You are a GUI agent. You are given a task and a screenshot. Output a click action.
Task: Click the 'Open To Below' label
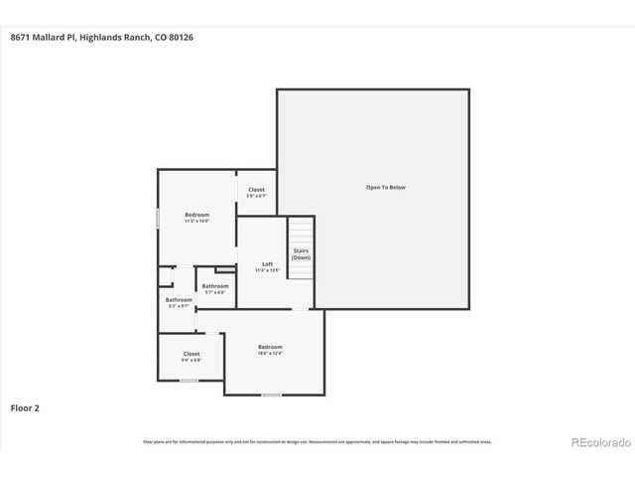click(385, 187)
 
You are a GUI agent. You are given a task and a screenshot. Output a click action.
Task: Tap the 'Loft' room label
click(267, 263)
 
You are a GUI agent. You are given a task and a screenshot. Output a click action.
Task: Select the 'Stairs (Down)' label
click(301, 254)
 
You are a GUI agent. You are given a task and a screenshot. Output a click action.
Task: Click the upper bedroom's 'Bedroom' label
click(196, 215)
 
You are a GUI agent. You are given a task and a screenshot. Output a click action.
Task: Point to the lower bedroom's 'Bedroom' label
click(270, 346)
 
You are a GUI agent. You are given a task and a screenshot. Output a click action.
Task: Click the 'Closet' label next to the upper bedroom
click(256, 189)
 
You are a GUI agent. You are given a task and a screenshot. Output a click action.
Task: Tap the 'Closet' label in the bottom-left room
click(191, 354)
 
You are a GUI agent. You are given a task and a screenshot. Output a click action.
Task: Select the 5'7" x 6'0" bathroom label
click(215, 292)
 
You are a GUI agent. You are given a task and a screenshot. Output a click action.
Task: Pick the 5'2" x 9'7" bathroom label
click(179, 306)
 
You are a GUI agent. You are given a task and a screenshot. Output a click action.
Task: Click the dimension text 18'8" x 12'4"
click(270, 353)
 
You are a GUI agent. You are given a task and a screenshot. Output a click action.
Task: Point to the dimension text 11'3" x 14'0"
click(196, 222)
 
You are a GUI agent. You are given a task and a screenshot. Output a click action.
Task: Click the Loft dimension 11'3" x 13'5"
click(267, 270)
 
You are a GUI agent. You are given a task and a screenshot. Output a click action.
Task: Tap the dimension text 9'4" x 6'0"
click(191, 360)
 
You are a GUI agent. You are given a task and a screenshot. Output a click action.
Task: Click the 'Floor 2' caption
click(25, 407)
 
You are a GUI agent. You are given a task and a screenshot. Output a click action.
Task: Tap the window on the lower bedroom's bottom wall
click(270, 395)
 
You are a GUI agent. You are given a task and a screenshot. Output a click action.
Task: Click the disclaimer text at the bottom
click(317, 441)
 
